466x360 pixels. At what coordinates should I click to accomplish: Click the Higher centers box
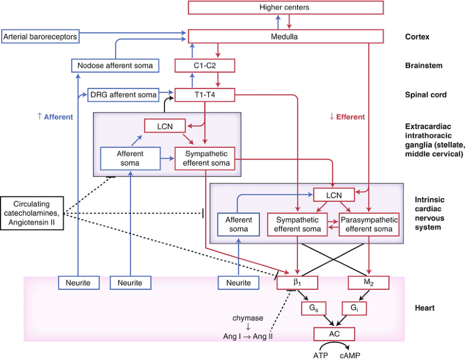285,8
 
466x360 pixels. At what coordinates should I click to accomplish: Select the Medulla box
285,36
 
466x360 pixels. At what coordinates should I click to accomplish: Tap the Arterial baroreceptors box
41,36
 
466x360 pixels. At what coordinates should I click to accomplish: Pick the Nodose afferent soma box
116,65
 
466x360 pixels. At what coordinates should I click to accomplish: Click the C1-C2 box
204,65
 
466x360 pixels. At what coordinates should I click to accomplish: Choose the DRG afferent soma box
124,94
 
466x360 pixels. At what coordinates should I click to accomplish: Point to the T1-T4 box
204,94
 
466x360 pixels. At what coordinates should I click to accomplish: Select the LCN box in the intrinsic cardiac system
332,195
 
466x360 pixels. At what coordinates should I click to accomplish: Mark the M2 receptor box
367,283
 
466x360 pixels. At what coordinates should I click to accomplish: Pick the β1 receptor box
296,283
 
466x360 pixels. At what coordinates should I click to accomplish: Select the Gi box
353,308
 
